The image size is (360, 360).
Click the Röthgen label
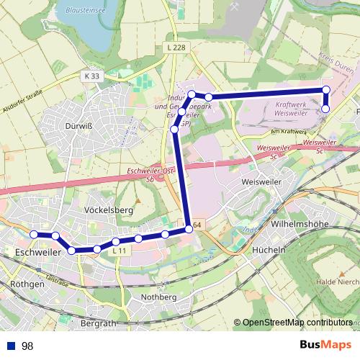point(28,284)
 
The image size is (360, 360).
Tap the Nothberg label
point(159,297)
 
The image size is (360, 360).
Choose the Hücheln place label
point(270,250)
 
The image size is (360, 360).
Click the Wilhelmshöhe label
point(299,224)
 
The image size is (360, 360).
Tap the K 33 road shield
point(91,76)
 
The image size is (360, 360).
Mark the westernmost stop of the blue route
point(34,234)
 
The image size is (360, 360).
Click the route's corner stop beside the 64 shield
point(189,229)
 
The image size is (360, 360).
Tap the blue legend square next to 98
point(11,346)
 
